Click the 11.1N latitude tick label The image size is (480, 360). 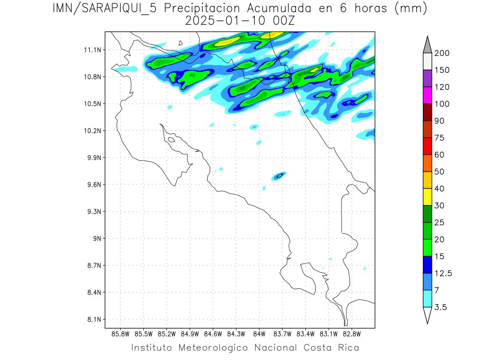click(91, 50)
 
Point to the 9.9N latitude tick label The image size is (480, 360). click(91, 158)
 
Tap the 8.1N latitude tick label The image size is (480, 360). click(91, 319)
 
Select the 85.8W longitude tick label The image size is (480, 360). click(120, 334)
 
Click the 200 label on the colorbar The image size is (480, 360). click(442, 53)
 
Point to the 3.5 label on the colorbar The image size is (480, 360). click(441, 307)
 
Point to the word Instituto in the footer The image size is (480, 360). click(152, 348)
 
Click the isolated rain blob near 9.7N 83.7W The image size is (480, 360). click(280, 175)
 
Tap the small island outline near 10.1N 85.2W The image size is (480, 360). click(171, 140)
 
